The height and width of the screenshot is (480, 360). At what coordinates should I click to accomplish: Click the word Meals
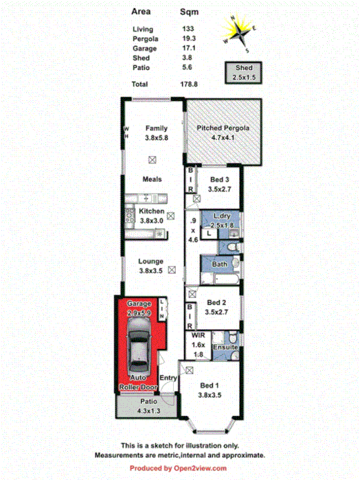pos(152,179)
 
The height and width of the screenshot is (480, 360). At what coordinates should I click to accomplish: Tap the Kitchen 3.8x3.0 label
pos(152,216)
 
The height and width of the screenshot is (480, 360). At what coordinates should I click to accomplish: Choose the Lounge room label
pos(152,266)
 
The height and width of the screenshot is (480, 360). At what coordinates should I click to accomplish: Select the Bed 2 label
pos(217,307)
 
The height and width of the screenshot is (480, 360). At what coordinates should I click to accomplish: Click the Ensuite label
pos(225,349)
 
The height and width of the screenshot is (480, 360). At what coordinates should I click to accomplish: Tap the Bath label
pos(220,264)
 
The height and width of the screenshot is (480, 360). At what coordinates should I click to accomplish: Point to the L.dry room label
pos(223,220)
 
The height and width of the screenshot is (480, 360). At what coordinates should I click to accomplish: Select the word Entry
pos(168,378)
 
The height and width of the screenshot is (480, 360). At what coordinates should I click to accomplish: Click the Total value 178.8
pos(189,84)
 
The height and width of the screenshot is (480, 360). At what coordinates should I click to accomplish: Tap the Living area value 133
pos(187,29)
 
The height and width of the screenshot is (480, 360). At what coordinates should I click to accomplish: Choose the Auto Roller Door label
pos(139,383)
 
